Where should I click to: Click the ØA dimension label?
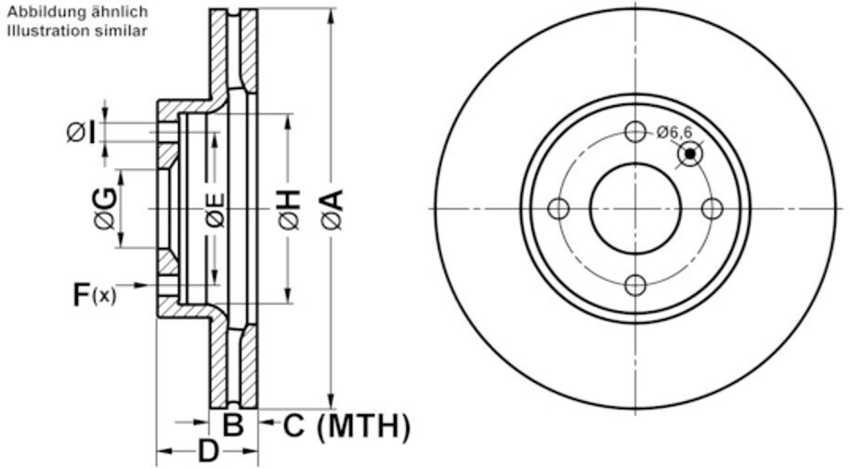coord(332,209)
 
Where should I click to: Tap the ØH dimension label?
coord(289,209)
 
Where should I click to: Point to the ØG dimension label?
coord(105,208)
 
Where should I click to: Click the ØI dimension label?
coord(82,132)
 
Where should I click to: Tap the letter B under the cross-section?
coord(234,424)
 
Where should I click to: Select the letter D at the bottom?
coord(208,450)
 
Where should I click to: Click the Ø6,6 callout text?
coord(674,132)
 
